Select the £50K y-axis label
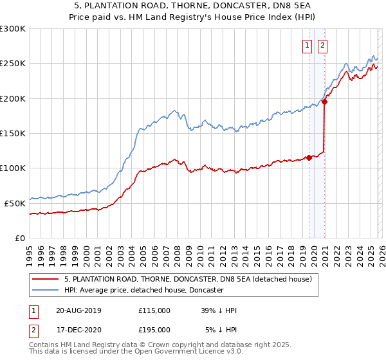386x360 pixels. point(15,203)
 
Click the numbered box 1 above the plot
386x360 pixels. point(307,45)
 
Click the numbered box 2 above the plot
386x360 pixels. point(322,45)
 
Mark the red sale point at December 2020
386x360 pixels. point(325,102)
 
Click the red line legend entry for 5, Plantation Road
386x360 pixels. point(188,280)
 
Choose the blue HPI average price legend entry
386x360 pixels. point(143,291)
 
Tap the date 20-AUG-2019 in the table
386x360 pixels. point(78,310)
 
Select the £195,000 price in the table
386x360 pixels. point(154,330)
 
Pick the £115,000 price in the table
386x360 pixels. point(154,310)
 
